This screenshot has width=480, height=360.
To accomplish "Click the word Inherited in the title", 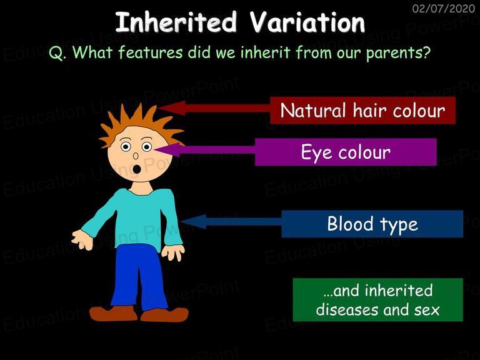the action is click(176, 22).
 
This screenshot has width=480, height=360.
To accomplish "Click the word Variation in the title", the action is click(307, 22).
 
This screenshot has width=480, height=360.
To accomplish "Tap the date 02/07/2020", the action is click(444, 8).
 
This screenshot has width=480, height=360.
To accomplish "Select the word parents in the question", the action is click(399, 52).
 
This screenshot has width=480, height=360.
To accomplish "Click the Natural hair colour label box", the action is click(362, 111).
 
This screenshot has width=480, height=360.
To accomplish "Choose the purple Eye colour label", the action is click(346, 152).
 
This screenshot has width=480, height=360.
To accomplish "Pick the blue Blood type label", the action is click(372, 224).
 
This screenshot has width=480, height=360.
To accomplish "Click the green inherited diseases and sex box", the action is click(377, 300).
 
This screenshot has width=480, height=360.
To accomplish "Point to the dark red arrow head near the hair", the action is click(172, 108).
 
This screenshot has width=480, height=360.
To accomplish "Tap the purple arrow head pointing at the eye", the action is click(167, 150).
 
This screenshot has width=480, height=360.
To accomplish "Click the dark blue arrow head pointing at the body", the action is click(194, 221).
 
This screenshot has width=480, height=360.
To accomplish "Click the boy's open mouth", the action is click(137, 169).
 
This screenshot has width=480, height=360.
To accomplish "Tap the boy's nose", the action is click(136, 156).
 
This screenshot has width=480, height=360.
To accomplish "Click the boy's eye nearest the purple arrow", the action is click(147, 147).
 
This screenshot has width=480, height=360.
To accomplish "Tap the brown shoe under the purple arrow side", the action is click(164, 314).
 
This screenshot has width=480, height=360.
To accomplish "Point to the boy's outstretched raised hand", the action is click(82, 239).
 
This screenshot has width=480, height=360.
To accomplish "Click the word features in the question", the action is click(150, 52).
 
